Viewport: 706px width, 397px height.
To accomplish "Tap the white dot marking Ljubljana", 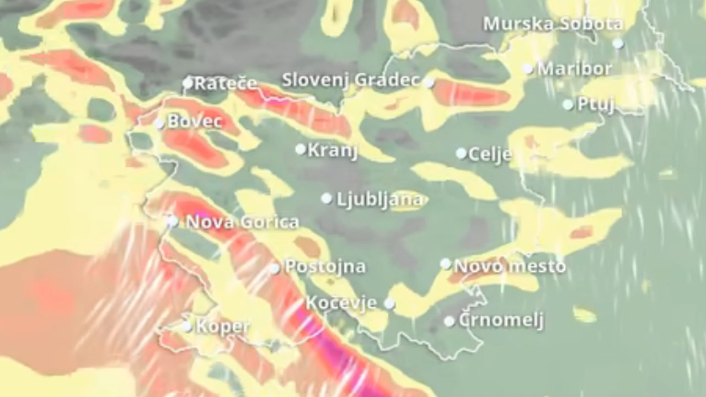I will coord(327,198).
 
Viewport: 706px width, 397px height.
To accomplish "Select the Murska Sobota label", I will coord(553,24).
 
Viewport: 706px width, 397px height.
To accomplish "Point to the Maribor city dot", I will coord(528,69).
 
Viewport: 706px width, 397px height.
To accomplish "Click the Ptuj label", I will coord(596,104).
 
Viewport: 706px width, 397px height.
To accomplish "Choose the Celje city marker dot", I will coord(461,153).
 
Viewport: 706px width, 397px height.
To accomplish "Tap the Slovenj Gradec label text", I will coord(351,80).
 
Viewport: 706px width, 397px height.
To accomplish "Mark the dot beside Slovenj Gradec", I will coord(429,83).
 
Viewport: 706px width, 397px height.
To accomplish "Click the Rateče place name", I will coord(226,83).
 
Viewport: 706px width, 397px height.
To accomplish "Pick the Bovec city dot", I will coord(159,123).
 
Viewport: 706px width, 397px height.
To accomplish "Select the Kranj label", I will coord(333,150).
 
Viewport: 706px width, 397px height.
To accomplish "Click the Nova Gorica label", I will coord(243,222).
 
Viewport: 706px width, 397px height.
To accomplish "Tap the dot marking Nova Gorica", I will coord(173,222).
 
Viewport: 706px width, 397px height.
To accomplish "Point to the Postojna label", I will coord(325,267).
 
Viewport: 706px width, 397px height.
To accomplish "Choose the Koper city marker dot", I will coord(187,326).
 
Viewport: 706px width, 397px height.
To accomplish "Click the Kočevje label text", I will coord(341,303).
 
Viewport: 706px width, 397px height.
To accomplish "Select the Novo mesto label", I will coord(510,266).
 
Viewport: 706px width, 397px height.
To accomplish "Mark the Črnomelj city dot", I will coord(450,321).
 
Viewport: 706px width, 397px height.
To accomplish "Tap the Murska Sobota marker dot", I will coord(618,43).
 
